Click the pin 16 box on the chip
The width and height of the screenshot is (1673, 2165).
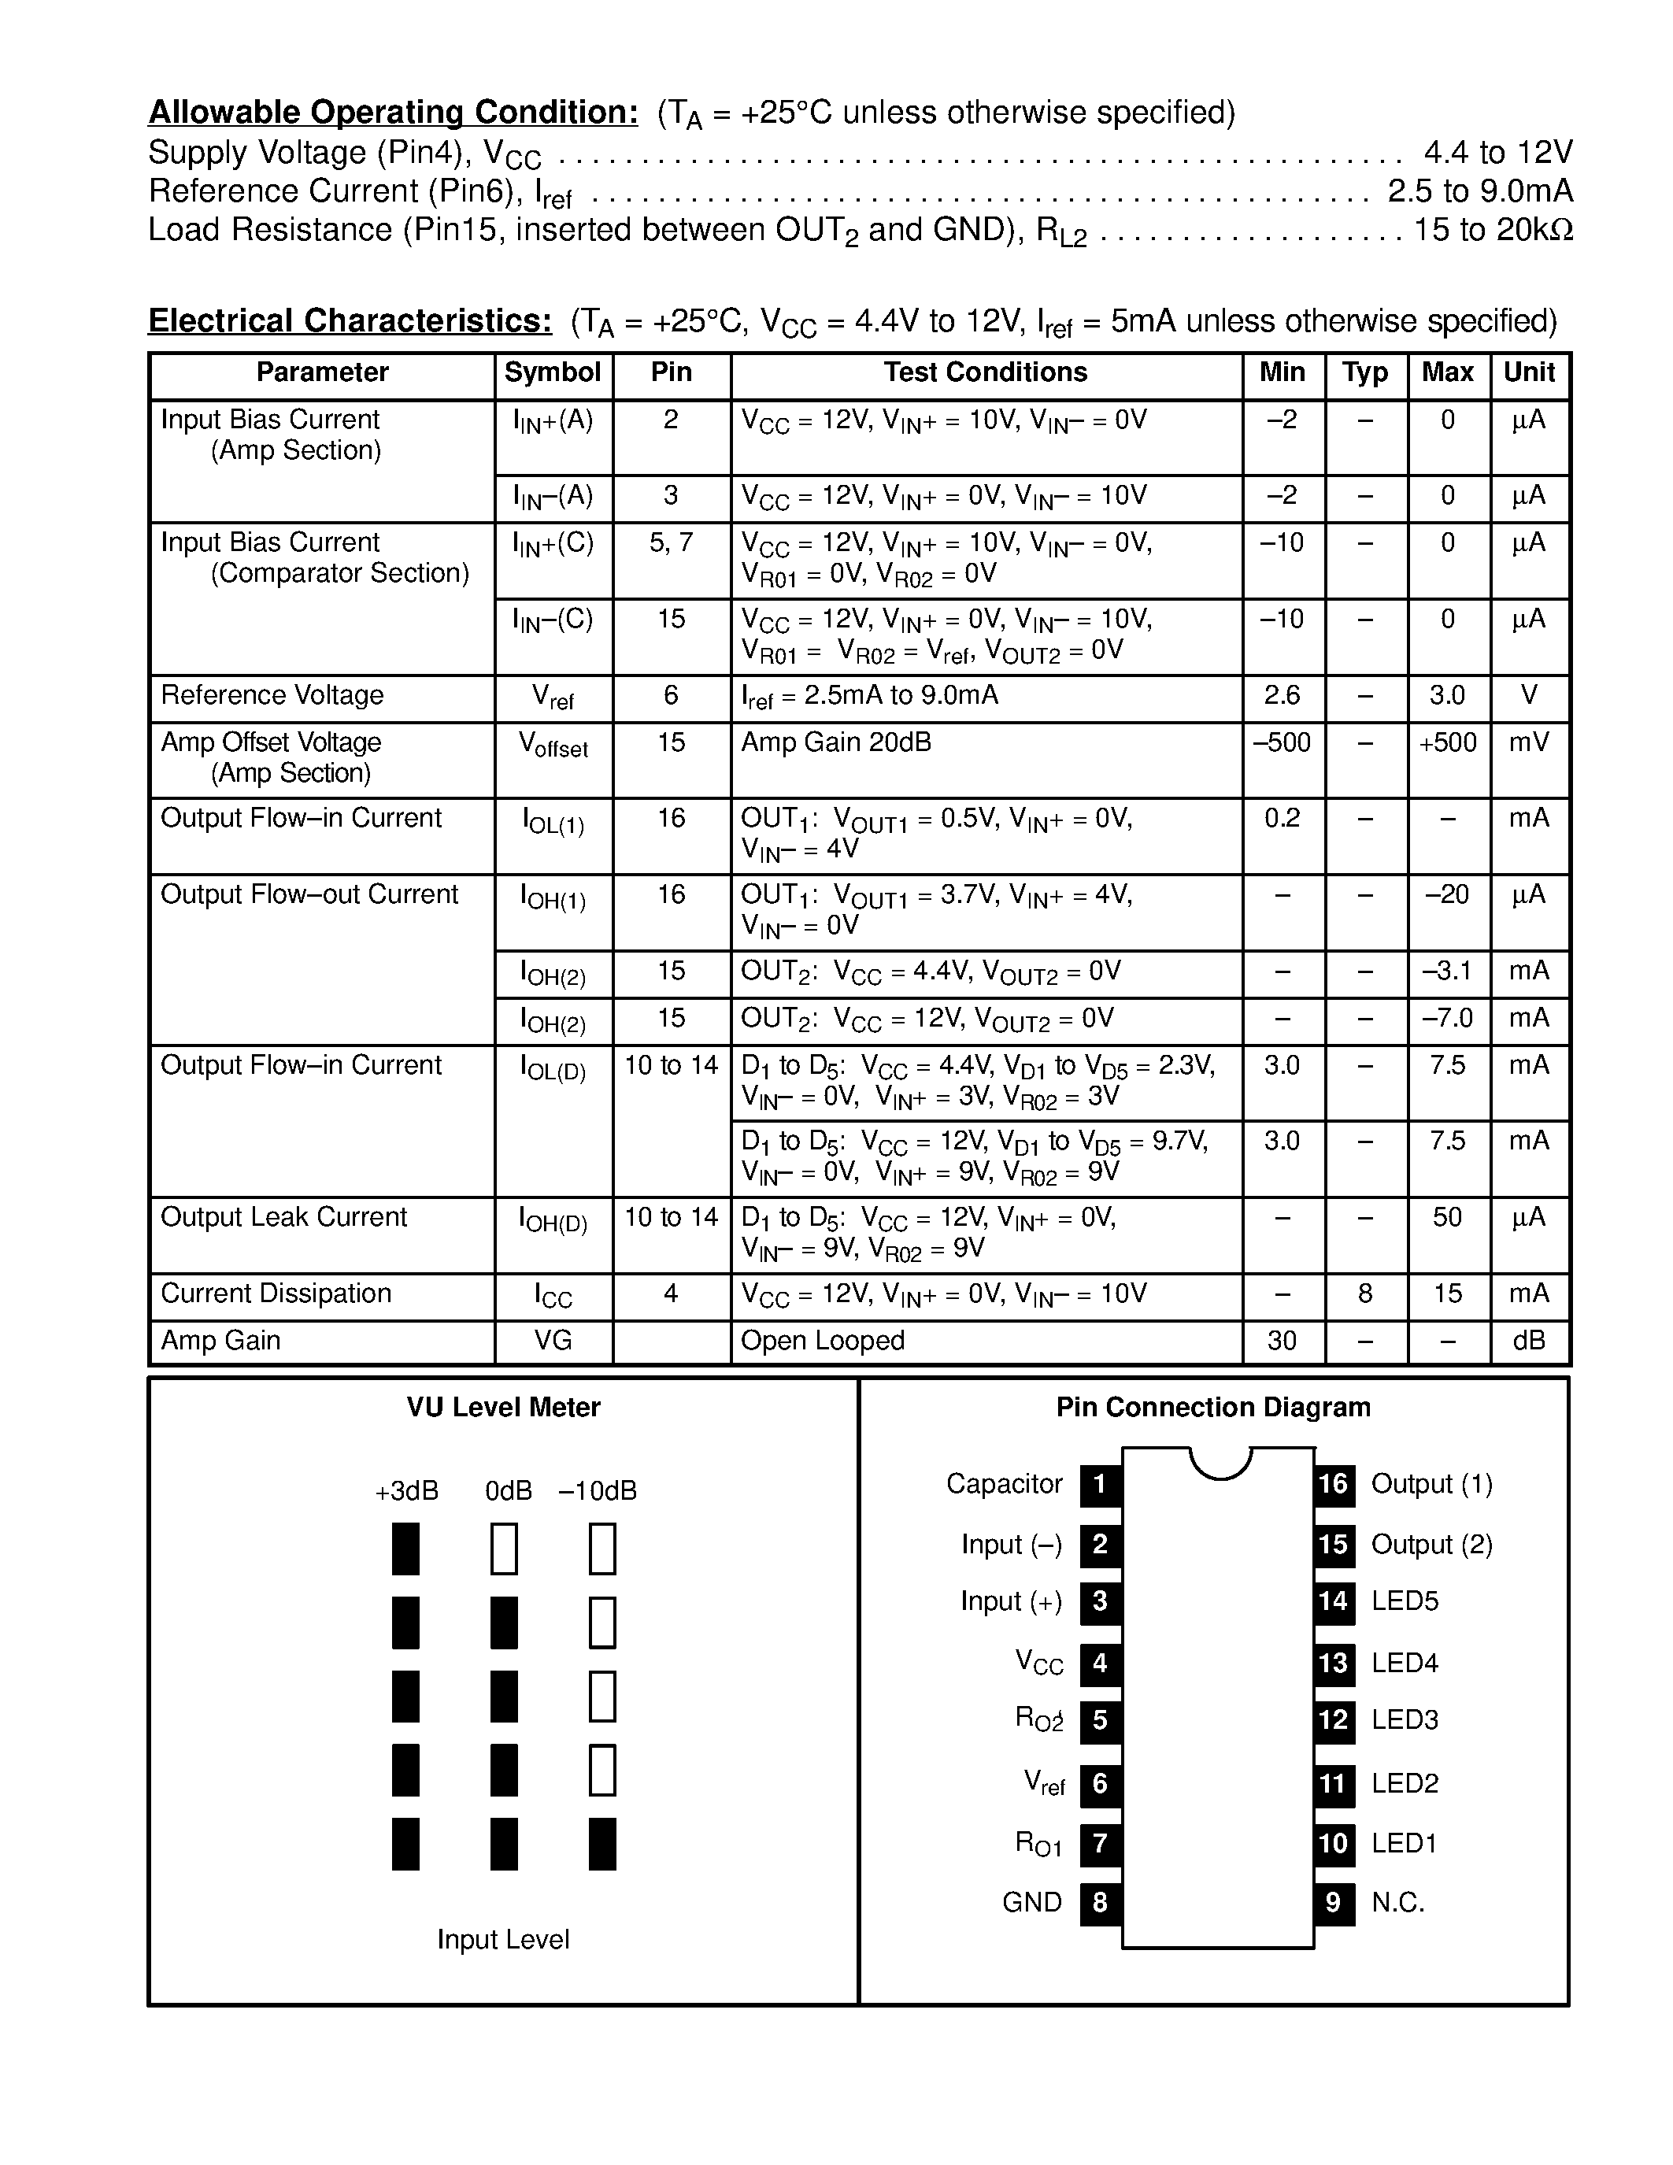1333,1484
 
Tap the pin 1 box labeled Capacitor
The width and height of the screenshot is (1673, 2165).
1100,1484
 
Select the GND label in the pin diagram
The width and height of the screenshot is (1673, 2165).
1032,1902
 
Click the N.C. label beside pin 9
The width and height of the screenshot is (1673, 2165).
1397,1902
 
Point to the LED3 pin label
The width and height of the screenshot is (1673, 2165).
1405,1720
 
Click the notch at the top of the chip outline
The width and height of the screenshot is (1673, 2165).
1220,1461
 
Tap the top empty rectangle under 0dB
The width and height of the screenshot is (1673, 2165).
504,1549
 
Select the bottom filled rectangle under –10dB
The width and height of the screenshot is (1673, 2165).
601,1844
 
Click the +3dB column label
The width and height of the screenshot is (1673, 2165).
406,1491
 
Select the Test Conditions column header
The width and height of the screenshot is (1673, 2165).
985,372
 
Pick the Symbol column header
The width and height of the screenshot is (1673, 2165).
552,372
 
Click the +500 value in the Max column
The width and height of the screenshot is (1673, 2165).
1447,742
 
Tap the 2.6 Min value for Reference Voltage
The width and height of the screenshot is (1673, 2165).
1282,695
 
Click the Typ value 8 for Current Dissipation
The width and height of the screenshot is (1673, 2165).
1364,1293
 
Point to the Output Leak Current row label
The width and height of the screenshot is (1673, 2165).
283,1217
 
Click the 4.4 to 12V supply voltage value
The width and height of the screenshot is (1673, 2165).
1497,153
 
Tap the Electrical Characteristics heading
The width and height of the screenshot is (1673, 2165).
350,321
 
